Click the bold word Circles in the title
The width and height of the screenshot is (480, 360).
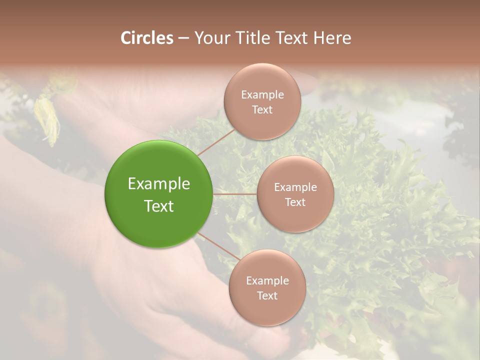point(147,38)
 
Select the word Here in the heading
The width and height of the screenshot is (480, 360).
point(332,38)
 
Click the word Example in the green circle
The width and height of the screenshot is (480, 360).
point(159,184)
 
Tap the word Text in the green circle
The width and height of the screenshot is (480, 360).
point(159,206)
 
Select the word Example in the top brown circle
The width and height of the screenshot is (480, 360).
point(262,94)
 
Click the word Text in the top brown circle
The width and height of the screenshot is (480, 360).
point(262,109)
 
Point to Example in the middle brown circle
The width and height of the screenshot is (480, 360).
point(295,187)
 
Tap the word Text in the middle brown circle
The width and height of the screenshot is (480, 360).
point(295,202)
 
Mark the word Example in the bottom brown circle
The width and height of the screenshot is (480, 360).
point(267,280)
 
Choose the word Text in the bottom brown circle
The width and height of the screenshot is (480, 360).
point(267,295)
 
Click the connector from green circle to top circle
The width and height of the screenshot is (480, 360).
point(216,142)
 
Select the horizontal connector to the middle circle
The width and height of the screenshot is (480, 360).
point(234,194)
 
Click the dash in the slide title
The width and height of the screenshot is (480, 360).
point(183,38)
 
